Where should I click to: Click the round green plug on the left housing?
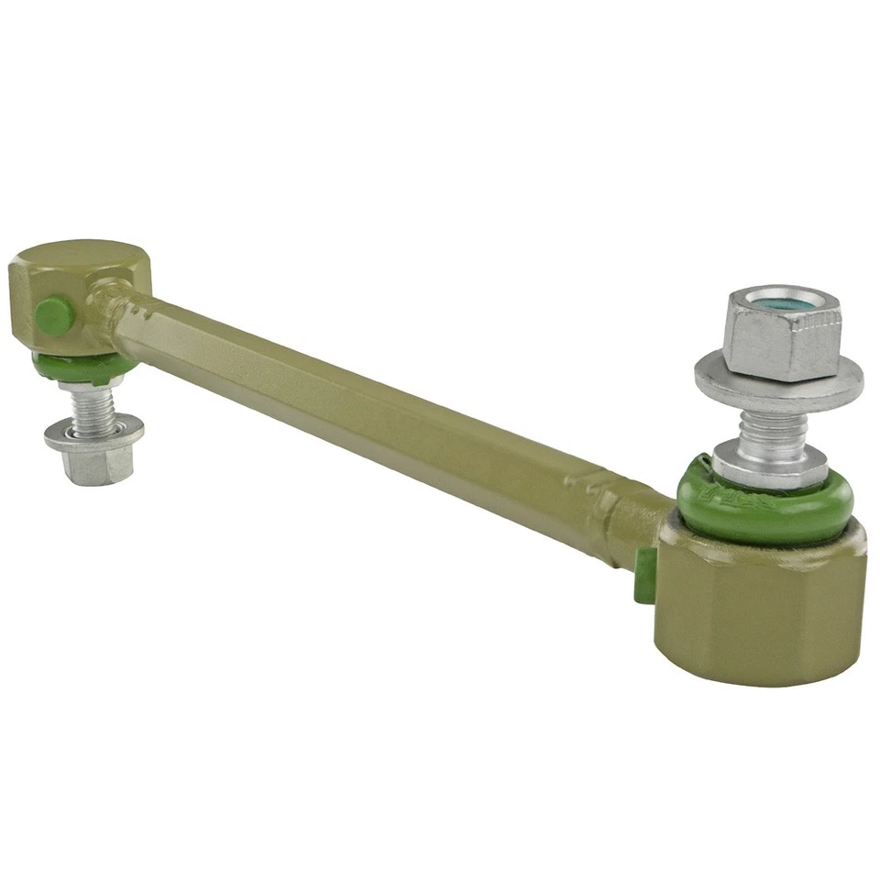click(x=55, y=316)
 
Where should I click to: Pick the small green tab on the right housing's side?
click(x=644, y=576)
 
